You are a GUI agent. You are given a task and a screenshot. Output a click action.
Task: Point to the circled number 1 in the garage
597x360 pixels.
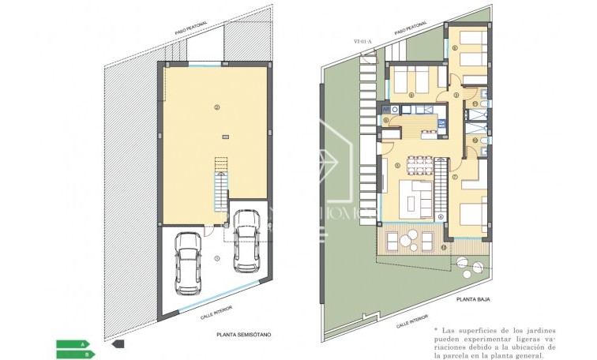(217, 257)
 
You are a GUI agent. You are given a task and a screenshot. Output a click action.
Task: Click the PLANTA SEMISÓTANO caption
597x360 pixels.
(243, 335)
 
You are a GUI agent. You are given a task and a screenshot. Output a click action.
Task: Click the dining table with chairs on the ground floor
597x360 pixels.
(419, 167)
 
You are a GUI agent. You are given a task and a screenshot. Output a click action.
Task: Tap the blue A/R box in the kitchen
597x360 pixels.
(386, 109)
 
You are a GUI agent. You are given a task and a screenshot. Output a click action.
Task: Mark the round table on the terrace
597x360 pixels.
(407, 240)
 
